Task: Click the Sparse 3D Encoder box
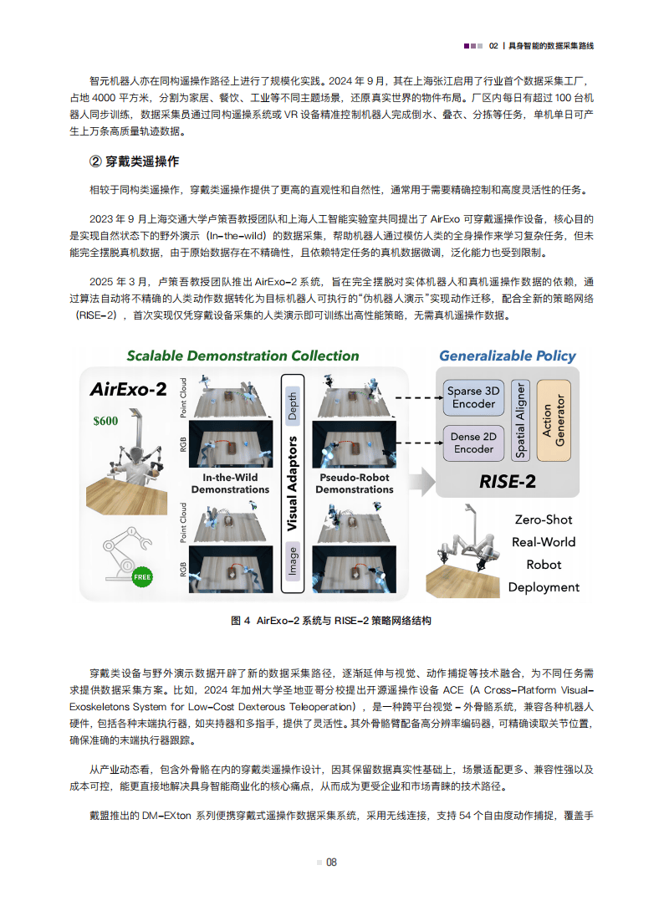pos(472,397)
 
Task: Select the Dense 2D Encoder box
pos(472,443)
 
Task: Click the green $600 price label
pos(105,421)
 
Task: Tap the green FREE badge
pos(143,576)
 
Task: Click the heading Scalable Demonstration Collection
pos(243,356)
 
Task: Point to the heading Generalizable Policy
pos(508,356)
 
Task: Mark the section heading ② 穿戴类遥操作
pos(134,161)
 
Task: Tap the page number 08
pos(331,863)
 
